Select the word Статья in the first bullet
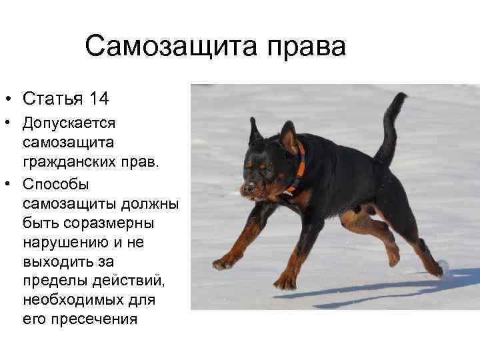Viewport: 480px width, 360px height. pos(53,99)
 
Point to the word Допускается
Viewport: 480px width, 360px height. pos(69,124)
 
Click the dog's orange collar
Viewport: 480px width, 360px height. pos(299,167)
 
